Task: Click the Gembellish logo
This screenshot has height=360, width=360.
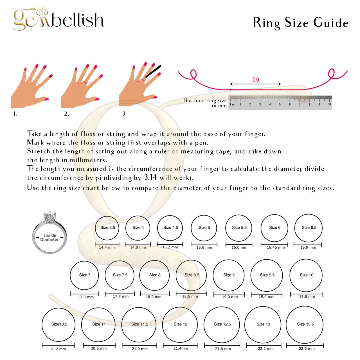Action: tap(58, 19)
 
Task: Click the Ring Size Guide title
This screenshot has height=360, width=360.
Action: tap(300, 23)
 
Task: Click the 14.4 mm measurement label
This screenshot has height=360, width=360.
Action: tap(107, 247)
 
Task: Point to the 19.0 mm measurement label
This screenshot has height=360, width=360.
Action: tap(230, 297)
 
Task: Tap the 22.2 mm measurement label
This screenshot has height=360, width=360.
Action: tap(266, 348)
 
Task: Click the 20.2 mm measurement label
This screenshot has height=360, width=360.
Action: tap(58, 349)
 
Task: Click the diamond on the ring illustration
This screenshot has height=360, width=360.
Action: tap(50, 217)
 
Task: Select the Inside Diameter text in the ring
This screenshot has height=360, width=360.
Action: tap(50, 237)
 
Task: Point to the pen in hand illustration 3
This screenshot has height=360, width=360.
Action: tap(152, 72)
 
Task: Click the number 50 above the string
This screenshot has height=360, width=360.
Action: tap(256, 80)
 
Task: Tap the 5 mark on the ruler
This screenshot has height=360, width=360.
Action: tap(280, 104)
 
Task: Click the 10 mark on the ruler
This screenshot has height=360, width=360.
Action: tap(329, 104)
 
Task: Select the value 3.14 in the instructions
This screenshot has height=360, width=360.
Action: tap(150, 177)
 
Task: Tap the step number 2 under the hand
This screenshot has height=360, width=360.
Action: tap(66, 114)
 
